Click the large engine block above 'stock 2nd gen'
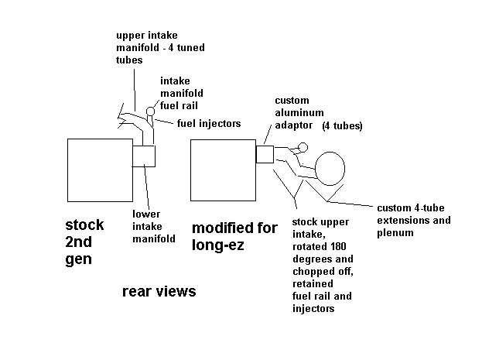(100, 171)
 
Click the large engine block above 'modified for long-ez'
(223, 171)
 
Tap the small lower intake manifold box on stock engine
(145, 156)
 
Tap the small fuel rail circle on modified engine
(303, 147)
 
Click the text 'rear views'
(159, 292)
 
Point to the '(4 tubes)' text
(344, 125)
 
